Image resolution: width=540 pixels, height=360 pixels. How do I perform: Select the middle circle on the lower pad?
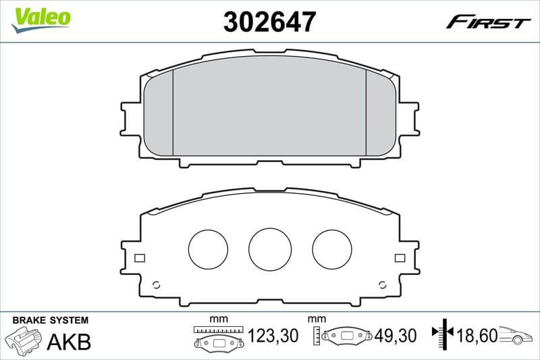tap(269, 248)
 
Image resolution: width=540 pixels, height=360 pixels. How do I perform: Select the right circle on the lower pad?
tap(333, 249)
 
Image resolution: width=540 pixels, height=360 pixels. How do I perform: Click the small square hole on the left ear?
tap(140, 257)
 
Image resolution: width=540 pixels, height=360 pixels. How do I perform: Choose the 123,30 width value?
tap(273, 335)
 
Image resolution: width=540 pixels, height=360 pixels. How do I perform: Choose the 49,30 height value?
tap(394, 335)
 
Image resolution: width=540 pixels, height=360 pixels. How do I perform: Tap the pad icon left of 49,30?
tap(346, 335)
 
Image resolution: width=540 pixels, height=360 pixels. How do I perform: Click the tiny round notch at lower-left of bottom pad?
tap(157, 284)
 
